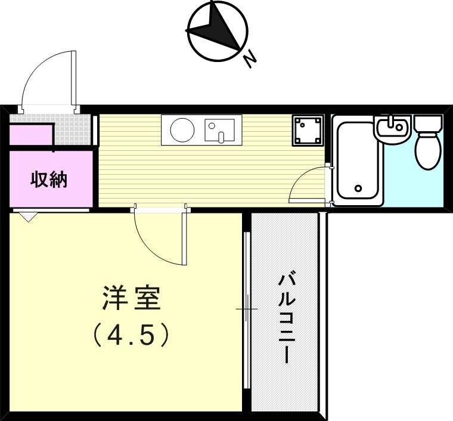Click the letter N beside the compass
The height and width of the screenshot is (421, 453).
(249, 58)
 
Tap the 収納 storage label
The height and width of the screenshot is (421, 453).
(49, 179)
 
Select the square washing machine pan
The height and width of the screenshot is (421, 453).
(308, 131)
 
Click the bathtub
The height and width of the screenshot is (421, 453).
(358, 162)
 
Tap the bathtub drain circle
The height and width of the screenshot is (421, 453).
(358, 188)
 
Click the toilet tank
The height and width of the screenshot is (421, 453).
(427, 124)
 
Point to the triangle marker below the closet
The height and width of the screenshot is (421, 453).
(27, 218)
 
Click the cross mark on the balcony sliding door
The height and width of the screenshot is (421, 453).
(246, 309)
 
